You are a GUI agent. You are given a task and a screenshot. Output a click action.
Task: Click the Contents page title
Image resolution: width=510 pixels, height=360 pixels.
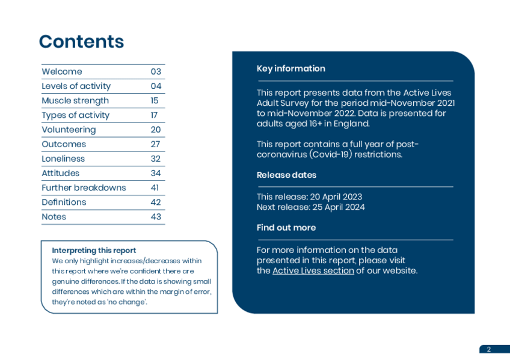coord(81,41)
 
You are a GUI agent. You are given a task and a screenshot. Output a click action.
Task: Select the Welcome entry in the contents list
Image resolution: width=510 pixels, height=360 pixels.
coord(62,72)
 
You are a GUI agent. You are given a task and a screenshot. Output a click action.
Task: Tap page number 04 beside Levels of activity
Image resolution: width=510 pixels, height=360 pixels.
coord(156,86)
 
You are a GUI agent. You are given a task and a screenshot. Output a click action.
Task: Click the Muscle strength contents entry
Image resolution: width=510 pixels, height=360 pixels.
coord(75,100)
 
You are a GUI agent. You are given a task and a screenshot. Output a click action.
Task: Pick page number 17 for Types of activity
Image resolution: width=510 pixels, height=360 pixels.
coord(155,115)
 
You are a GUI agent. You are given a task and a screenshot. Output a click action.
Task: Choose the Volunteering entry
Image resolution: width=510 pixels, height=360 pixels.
coord(69,129)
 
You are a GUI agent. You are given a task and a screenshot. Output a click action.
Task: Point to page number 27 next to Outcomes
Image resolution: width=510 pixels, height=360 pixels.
coord(156,144)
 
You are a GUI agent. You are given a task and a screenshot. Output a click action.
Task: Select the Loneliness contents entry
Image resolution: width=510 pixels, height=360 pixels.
coord(63,159)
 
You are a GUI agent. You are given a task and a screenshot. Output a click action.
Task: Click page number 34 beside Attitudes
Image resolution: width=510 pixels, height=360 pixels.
coord(156,173)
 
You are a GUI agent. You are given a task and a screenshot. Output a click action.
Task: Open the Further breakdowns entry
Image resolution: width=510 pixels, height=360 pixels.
coord(84,188)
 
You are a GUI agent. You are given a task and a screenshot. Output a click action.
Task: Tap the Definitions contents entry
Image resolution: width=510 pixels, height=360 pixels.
coord(64,202)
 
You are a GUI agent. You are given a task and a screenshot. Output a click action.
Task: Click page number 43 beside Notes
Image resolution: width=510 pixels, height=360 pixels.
coord(156,216)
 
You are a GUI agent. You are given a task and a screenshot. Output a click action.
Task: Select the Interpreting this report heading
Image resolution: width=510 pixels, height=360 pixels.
coord(94,250)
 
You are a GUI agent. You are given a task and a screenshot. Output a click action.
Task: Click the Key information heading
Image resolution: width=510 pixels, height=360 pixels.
coord(291,69)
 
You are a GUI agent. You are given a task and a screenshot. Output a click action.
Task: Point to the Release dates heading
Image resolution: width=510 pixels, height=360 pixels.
coord(286,175)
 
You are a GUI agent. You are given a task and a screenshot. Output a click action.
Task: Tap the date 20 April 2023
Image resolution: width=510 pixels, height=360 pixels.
coord(336,197)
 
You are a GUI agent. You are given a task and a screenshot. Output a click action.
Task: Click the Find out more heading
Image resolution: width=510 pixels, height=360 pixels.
coord(286,228)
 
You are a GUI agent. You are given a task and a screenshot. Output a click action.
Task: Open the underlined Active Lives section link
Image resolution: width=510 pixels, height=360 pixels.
coord(313,270)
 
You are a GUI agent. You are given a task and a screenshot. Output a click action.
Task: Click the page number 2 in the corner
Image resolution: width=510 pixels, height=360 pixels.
coord(488,349)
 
